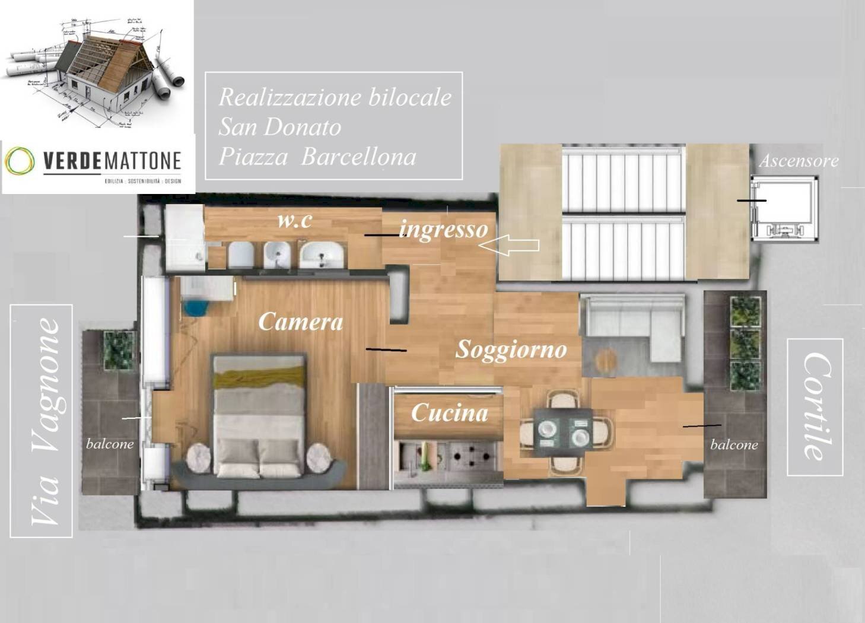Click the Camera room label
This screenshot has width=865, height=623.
[300, 322]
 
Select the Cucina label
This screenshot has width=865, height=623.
[449, 412]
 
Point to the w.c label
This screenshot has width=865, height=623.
[294, 220]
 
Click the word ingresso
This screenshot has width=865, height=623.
[443, 228]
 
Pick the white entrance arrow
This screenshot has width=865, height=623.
[509, 245]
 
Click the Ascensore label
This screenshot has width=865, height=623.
[799, 161]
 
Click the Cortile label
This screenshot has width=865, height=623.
[815, 407]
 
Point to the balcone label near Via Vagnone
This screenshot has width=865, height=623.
[110, 444]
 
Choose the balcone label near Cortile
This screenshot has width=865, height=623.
[734, 444]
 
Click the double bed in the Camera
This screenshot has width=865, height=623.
[259, 415]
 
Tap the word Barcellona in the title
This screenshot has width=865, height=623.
[358, 157]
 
